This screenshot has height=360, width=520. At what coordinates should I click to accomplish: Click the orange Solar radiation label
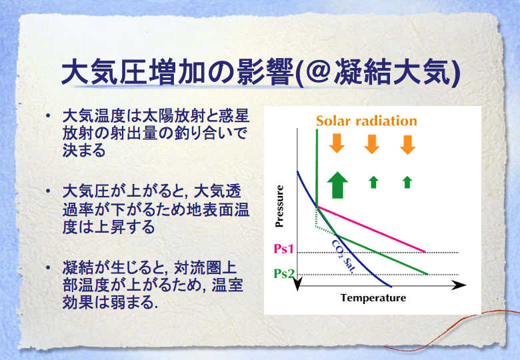367,121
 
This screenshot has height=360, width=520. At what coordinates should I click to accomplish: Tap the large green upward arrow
337,185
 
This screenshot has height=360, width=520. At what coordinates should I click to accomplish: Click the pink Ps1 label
284,249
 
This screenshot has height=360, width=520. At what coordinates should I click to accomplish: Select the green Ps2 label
284,273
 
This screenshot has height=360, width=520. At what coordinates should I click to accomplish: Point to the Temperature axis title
373,298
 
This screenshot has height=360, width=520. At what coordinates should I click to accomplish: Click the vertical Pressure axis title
279,206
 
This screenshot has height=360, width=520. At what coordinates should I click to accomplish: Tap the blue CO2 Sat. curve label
343,257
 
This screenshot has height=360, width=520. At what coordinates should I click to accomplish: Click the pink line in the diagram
371,229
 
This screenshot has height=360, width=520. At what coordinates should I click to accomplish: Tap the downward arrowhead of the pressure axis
297,285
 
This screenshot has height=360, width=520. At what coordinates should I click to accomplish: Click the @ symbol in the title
317,71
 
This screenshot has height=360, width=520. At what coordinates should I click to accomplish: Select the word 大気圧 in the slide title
105,72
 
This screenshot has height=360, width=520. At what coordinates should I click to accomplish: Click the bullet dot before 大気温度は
49,116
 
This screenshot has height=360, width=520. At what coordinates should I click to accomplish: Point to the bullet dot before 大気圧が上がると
49,191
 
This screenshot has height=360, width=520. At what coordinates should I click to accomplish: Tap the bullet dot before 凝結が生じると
49,267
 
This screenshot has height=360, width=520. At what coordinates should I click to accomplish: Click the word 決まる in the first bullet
84,150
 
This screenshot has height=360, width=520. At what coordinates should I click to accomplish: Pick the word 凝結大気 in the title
392,72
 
